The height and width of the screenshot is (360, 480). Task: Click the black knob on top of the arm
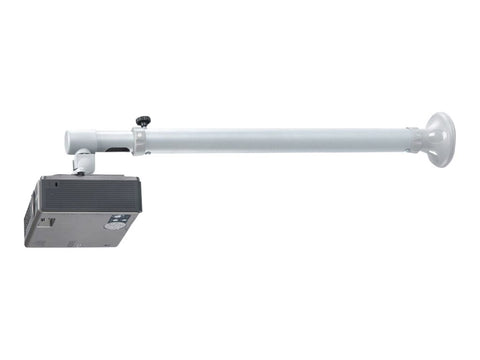(x=142, y=119)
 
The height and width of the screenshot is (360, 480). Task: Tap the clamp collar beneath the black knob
(x=142, y=139)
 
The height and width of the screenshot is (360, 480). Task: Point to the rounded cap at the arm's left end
(x=70, y=141)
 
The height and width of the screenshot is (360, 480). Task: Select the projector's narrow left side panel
(x=33, y=211)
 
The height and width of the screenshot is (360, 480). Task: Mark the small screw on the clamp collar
(x=147, y=153)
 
